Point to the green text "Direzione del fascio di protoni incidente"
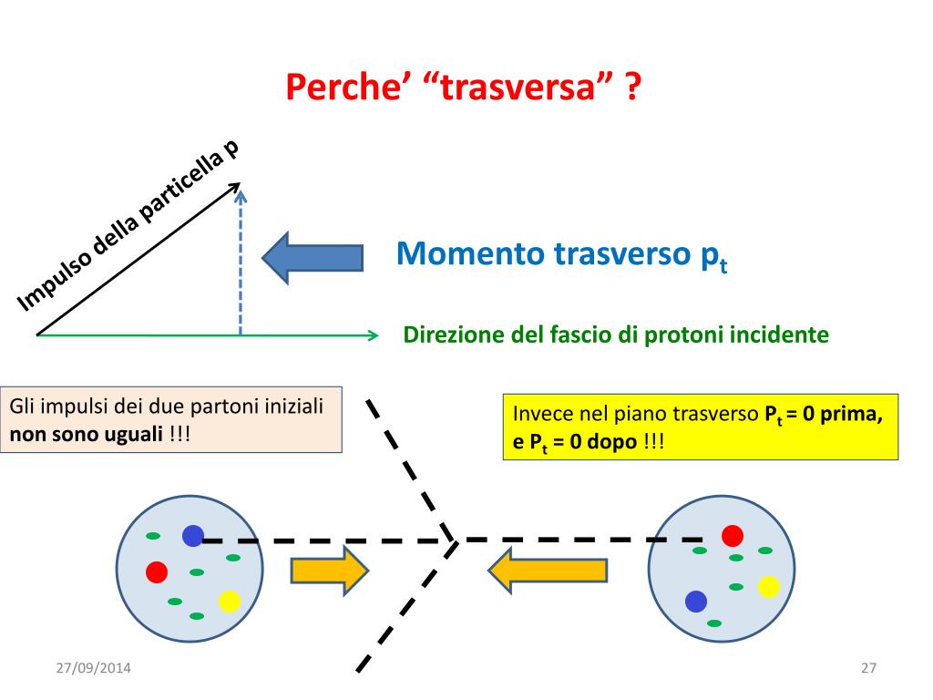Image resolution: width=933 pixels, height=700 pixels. point(616,335)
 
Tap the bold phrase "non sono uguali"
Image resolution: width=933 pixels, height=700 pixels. point(86,434)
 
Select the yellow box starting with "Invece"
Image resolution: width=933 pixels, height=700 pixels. point(700,427)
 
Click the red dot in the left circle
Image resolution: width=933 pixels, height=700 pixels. point(156,571)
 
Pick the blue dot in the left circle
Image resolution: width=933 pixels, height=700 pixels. point(192,536)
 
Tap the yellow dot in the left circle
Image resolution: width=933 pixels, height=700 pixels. point(230,602)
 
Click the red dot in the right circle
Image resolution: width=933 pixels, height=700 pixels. point(733,535)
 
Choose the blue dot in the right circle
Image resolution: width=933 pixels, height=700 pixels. point(696,601)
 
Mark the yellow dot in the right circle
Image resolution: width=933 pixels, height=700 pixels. point(769,586)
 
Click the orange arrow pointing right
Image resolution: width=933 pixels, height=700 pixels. point(329,571)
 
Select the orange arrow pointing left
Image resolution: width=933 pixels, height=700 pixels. point(548,571)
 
